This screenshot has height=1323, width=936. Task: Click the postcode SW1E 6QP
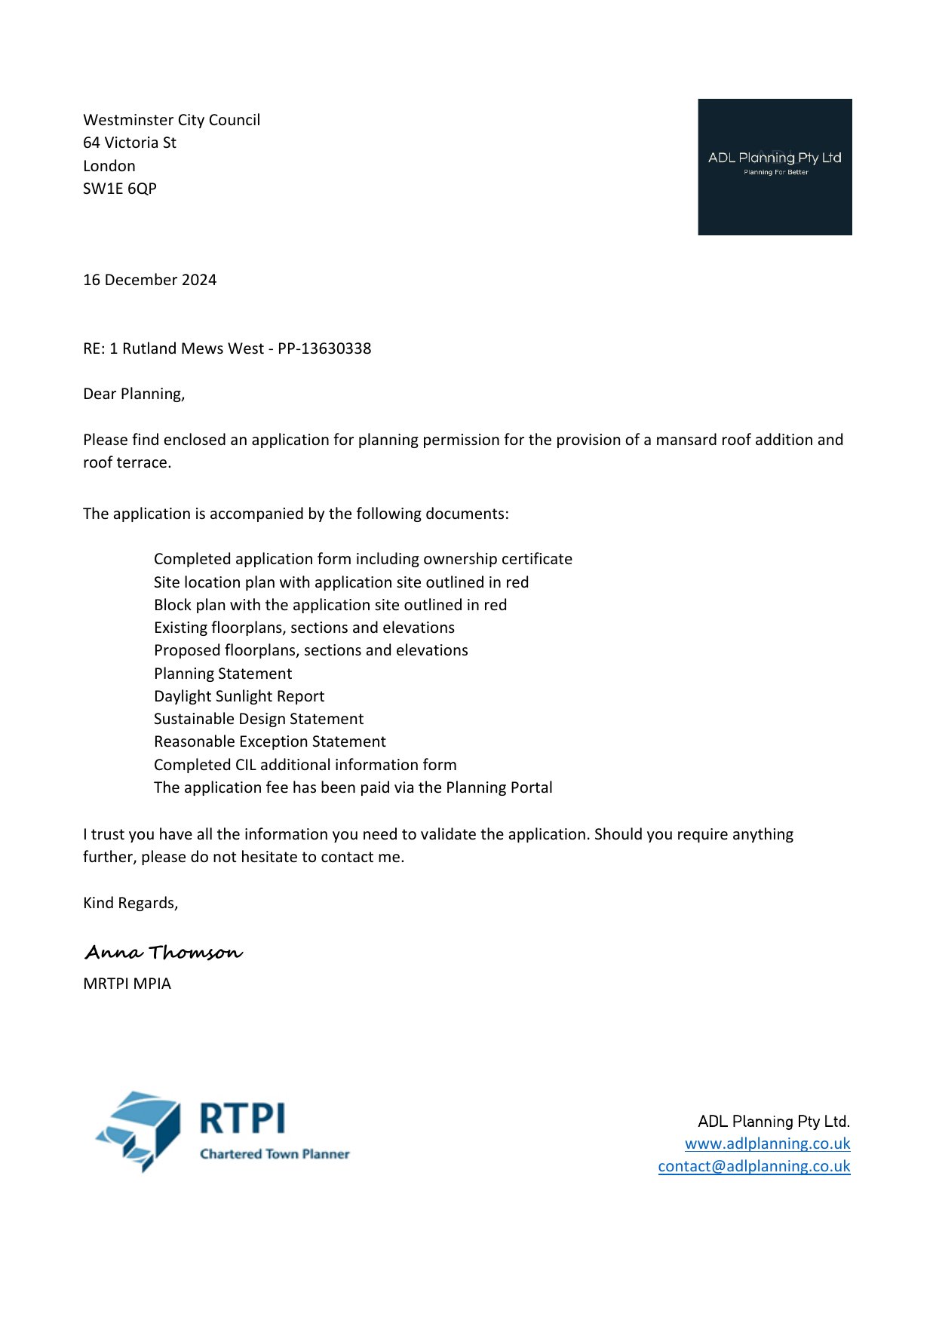pos(120,189)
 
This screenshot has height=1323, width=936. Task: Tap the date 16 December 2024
pos(149,280)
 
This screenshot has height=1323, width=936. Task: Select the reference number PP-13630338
pos(324,348)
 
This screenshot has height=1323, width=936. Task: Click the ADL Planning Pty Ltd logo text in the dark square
pos(775,158)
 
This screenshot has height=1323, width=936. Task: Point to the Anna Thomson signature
pos(164,952)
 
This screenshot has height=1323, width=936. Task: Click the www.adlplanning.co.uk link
pos(767,1143)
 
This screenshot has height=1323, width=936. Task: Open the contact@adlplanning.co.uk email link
pos(753,1166)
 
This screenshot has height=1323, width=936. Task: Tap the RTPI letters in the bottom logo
pos(242,1118)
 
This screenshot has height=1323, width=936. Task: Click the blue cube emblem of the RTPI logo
pos(140,1130)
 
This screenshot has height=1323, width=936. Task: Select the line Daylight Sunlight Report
pos(239,696)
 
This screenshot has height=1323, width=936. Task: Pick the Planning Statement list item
pos(222,674)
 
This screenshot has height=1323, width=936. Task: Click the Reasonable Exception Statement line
pos(269,741)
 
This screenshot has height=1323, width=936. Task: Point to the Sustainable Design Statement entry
pos(259,719)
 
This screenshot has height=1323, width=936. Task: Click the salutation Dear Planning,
pos(133,394)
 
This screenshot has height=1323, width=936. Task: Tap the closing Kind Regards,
pos(130,903)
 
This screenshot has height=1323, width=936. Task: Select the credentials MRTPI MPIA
pos(127,984)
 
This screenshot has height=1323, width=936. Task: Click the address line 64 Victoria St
pos(130,143)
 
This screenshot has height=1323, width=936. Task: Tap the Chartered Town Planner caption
pos(275,1154)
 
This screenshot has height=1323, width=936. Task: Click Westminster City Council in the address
pos(171,120)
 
